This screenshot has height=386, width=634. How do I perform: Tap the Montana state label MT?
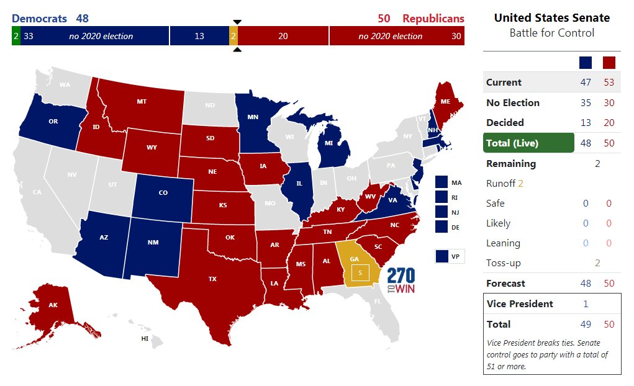coord(141,101)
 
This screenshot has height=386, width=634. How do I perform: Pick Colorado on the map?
coord(163,193)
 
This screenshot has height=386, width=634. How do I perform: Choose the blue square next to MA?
coord(442,182)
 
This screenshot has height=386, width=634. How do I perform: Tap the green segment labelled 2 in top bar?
coord(15,36)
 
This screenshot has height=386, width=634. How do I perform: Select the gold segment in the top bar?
coord(233,36)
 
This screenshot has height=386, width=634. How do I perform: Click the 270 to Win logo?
coord(401,281)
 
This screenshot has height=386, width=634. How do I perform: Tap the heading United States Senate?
coord(551,18)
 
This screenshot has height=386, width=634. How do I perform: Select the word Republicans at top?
coord(433,19)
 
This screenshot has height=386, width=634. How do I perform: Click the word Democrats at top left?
coord(40,19)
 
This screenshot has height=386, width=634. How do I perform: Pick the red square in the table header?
coord(609,63)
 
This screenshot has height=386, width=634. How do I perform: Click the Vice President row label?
coord(519,304)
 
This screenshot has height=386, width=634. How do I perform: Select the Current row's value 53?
coord(609,83)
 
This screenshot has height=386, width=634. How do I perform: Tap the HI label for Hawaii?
coord(145,339)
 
